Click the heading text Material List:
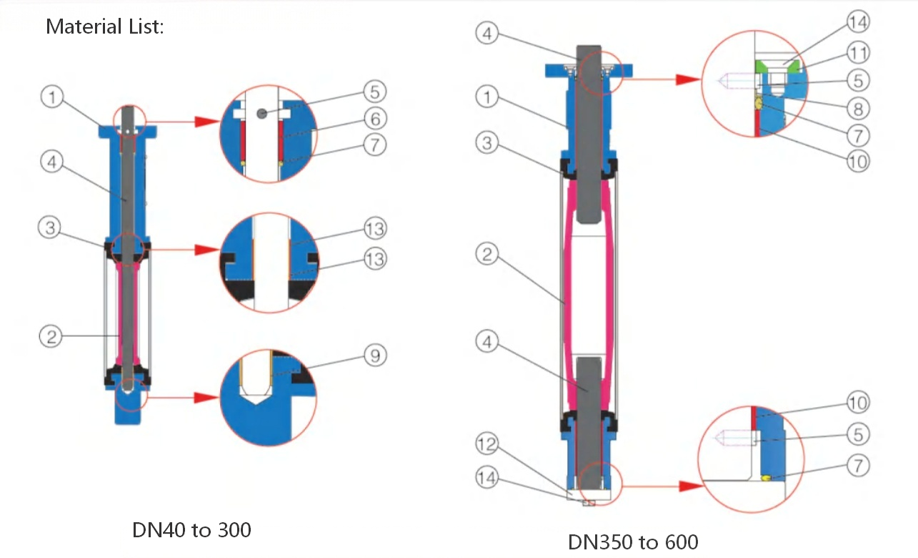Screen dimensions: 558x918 105,27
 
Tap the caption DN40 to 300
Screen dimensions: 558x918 191,530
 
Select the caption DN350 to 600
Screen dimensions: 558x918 633,542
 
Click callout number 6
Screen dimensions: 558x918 375,118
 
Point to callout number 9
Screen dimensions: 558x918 375,356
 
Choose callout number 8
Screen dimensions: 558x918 857,108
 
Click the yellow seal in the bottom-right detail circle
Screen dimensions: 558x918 764,478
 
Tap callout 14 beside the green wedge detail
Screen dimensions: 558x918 857,22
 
